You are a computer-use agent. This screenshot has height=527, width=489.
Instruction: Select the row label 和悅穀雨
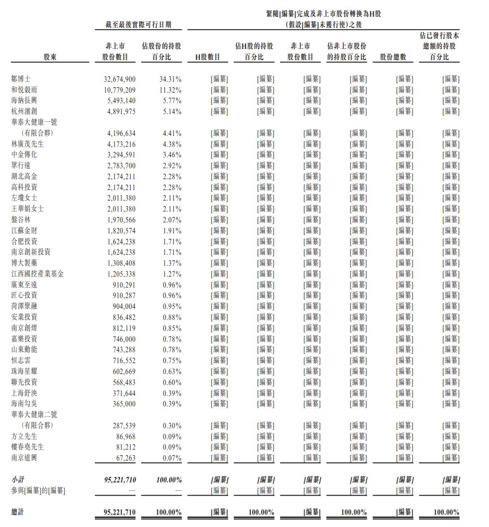click(x=24, y=90)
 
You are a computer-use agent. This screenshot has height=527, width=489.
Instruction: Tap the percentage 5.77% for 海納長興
click(x=172, y=101)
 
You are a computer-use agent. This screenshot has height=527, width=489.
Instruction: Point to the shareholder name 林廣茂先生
click(x=28, y=144)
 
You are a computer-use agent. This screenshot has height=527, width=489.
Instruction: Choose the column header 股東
click(x=50, y=57)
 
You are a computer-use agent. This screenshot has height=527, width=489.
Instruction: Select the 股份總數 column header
click(x=393, y=57)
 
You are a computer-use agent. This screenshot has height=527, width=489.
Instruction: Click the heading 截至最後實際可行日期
click(x=138, y=25)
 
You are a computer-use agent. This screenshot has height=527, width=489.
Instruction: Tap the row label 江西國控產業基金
click(x=37, y=274)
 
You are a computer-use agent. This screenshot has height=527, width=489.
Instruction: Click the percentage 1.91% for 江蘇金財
click(x=172, y=231)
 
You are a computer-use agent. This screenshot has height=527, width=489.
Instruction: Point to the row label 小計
click(x=18, y=480)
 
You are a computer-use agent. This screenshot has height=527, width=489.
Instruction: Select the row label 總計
click(x=18, y=512)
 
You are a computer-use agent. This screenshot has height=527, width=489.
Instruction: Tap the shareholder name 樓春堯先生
click(x=28, y=447)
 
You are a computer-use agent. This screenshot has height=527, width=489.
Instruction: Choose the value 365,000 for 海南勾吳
click(x=125, y=404)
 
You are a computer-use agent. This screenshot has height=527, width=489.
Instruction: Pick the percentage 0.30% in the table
click(x=172, y=426)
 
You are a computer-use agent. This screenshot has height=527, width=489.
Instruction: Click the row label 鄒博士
click(x=21, y=79)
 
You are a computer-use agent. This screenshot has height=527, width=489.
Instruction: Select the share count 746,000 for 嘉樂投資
click(x=125, y=339)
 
